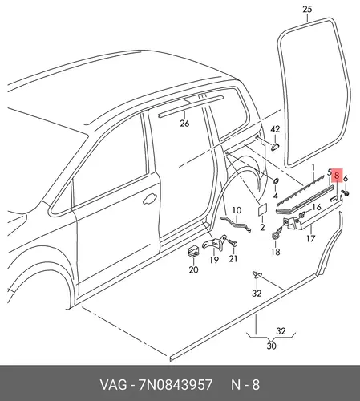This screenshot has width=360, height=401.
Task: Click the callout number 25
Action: [x=307, y=10]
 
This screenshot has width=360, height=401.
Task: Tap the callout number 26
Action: [x=184, y=124]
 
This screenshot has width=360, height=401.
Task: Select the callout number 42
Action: [x=275, y=129]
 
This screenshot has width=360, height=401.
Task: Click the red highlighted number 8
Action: [x=337, y=175]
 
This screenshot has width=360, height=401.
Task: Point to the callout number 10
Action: [x=237, y=210]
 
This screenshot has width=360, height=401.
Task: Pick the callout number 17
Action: [x=310, y=238]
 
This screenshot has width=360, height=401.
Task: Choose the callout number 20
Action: [x=193, y=269]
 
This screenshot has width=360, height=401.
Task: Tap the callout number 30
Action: [x=271, y=346]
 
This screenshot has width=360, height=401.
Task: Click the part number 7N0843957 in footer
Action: [x=176, y=385]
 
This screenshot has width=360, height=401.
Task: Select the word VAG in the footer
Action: [x=113, y=385]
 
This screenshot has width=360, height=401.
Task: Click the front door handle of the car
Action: [x=150, y=199]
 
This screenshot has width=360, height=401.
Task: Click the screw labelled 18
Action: [x=277, y=233]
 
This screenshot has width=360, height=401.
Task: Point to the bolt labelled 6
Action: [x=345, y=192]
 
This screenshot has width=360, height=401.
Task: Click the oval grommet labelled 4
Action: [x=276, y=181]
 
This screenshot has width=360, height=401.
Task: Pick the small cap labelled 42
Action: [x=275, y=146]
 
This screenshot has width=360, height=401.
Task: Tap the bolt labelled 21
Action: [x=233, y=243]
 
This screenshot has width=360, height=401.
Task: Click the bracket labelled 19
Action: [x=215, y=242]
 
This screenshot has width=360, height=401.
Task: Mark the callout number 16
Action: [x=317, y=207]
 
